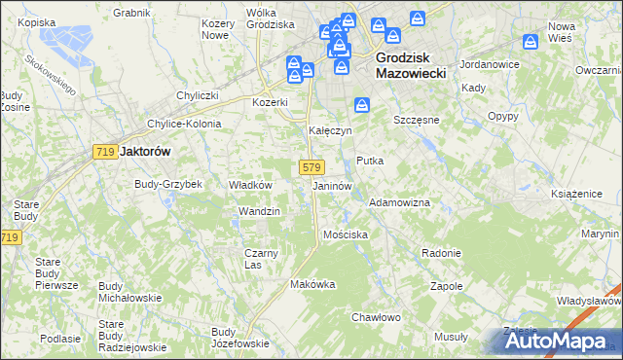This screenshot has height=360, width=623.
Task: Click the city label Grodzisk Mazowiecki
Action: (410, 65)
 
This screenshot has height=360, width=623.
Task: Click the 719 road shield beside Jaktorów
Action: (106, 152)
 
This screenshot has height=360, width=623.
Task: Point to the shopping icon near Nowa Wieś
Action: (531, 43)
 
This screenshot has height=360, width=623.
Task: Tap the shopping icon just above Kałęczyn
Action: (361, 105)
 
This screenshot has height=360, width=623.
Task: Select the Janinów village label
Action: (332, 185)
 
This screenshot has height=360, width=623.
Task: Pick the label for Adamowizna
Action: (399, 201)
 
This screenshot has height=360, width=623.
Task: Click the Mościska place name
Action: (345, 234)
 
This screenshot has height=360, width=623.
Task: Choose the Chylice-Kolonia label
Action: (184, 124)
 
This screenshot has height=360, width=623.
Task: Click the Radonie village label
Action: (441, 252)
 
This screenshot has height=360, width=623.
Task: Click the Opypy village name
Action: (502, 115)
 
